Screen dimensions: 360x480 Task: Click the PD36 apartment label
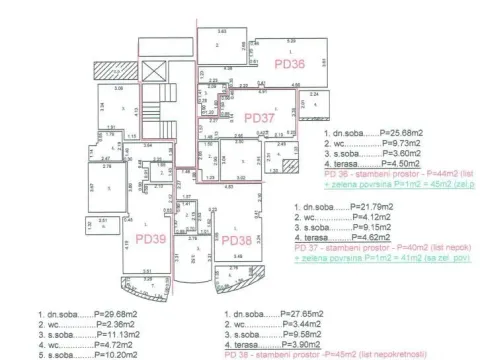click(289, 63)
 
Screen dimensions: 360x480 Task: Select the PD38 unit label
click(237, 240)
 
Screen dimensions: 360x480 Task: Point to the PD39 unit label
click(150, 240)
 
